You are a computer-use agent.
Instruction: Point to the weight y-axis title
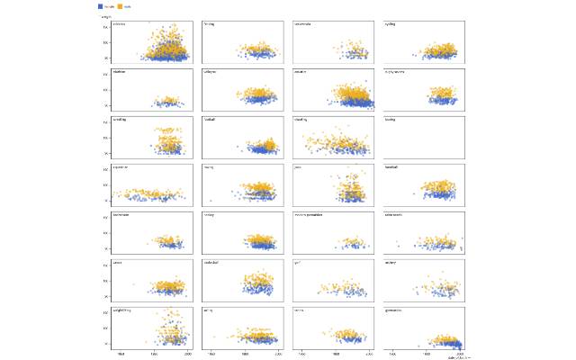105,15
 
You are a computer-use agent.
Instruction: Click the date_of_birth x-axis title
459,357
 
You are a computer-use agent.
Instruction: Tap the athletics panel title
120,24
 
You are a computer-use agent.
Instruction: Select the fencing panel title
210,24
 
